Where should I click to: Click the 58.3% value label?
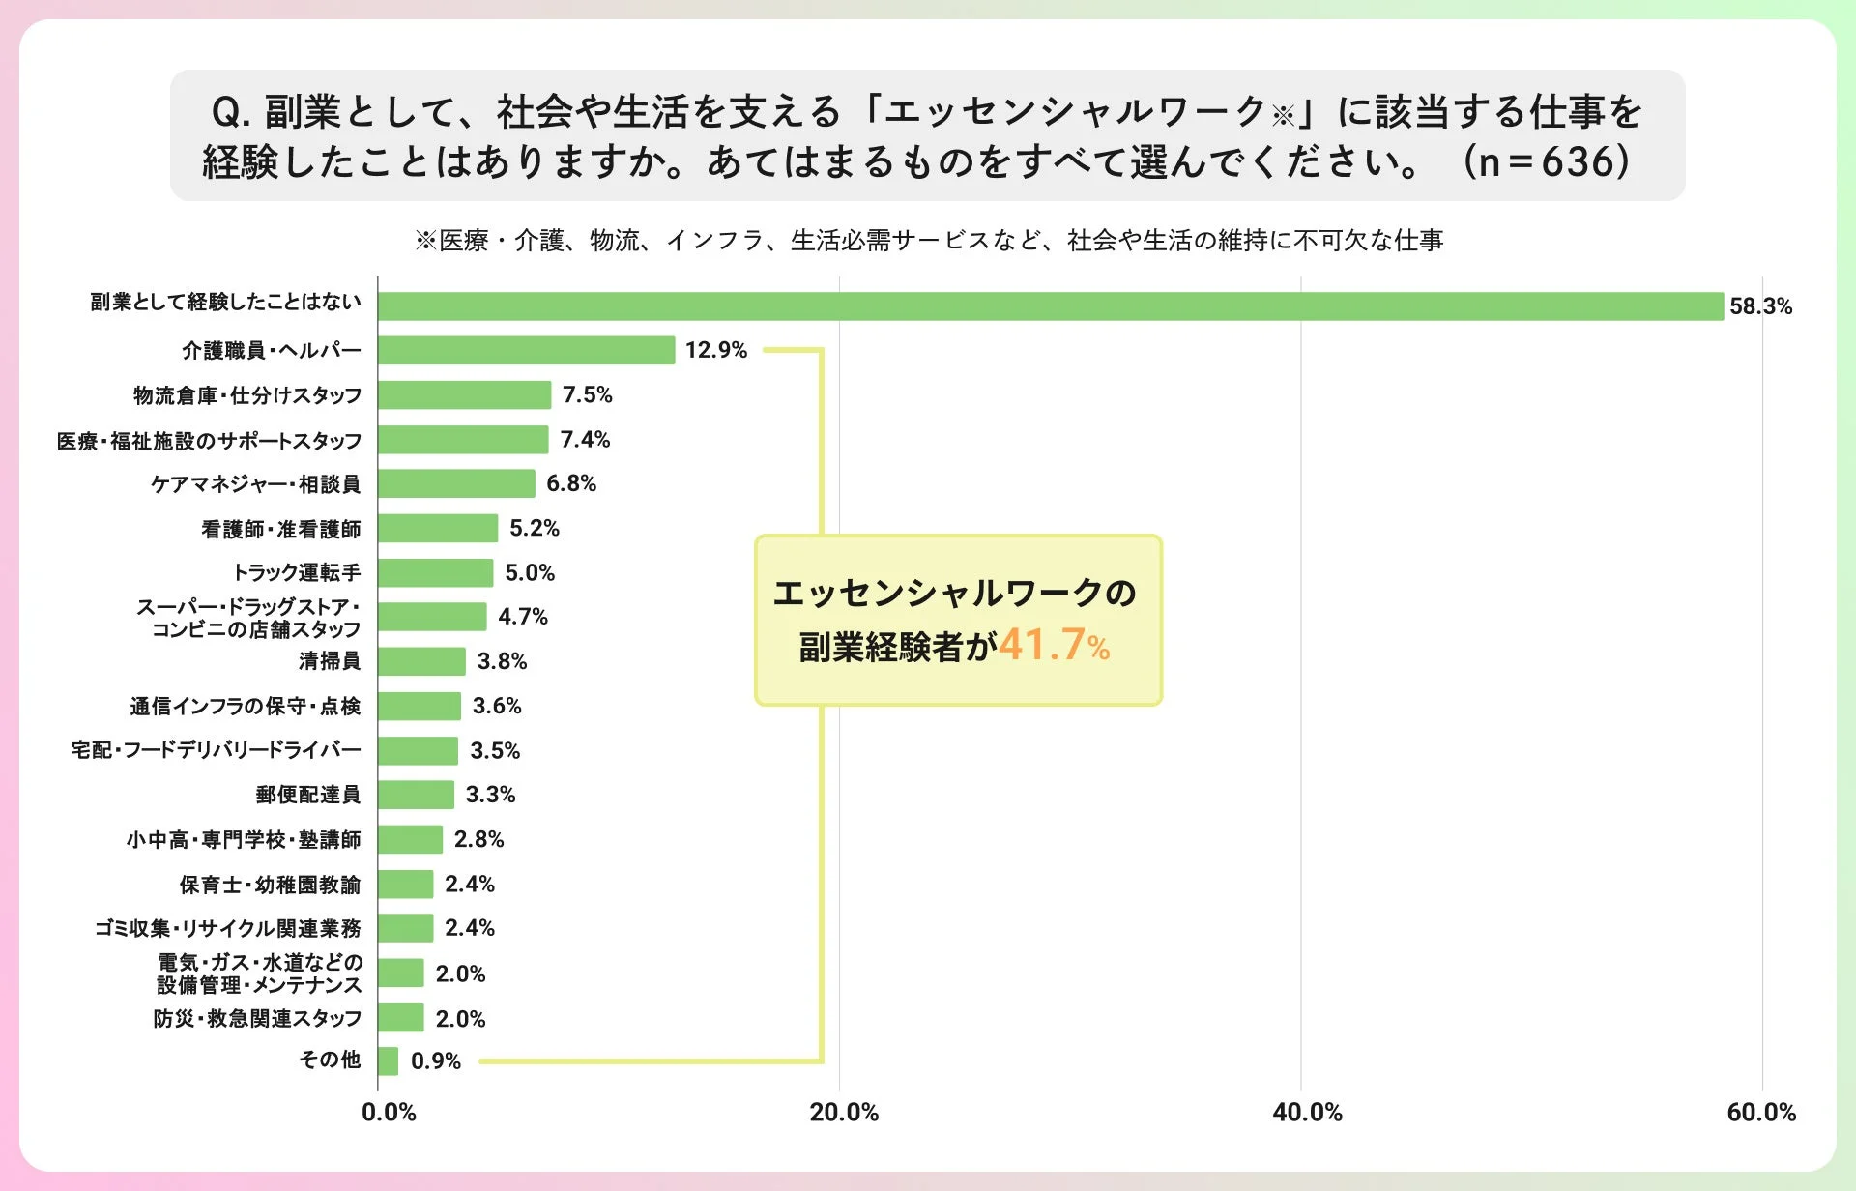[1760, 306]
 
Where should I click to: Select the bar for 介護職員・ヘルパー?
[526, 350]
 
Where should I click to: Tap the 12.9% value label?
[716, 350]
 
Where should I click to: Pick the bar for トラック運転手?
[435, 572]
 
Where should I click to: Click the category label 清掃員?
[330, 661]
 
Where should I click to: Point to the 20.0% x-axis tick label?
[844, 1112]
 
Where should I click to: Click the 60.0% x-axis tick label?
[1761, 1112]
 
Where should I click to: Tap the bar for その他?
[388, 1060]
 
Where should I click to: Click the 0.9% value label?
[436, 1061]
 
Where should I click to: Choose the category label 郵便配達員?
[308, 795]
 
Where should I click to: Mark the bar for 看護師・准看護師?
[438, 528]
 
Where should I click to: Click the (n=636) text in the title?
[1547, 161]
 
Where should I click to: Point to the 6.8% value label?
[571, 483]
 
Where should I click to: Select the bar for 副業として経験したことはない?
[1050, 306]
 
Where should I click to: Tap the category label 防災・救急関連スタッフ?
[257, 1018]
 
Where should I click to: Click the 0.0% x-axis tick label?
[389, 1112]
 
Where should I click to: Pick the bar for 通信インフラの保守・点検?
[420, 706]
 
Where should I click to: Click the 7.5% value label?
[588, 394]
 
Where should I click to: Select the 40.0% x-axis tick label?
[1307, 1112]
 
